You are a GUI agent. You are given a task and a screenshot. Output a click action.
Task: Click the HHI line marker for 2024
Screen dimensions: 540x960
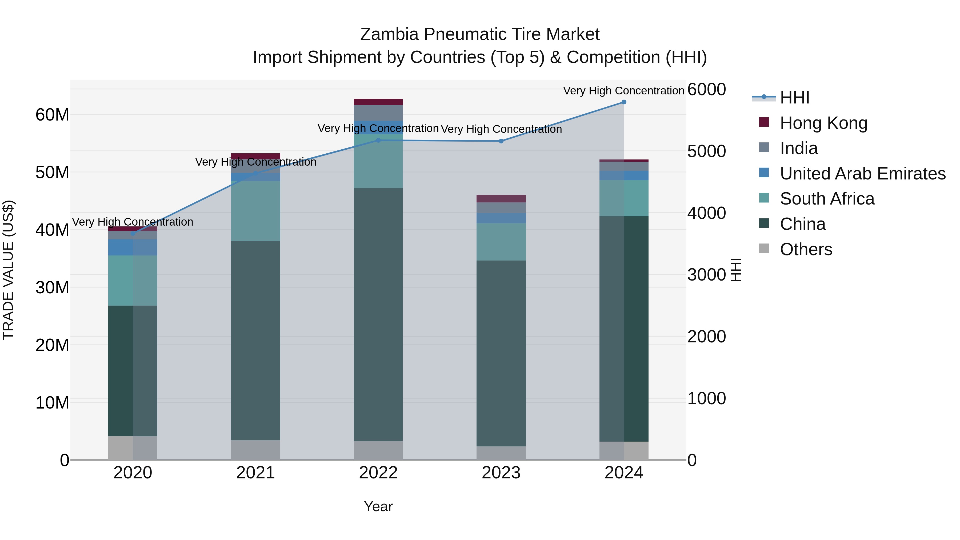click(623, 102)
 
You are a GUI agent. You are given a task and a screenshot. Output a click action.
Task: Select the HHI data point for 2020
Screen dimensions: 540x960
click(133, 234)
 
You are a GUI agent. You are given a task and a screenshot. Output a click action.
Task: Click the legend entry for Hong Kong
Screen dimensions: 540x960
click(824, 123)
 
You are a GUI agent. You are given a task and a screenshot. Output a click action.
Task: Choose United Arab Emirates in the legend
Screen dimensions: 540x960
click(862, 173)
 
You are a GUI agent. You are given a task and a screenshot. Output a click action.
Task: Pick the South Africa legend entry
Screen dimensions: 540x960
click(827, 199)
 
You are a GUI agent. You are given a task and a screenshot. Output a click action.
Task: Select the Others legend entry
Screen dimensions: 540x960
click(806, 249)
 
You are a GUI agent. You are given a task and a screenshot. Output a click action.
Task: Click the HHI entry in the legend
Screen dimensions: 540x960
click(795, 98)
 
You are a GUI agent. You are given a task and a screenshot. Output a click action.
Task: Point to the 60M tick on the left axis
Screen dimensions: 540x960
click(52, 115)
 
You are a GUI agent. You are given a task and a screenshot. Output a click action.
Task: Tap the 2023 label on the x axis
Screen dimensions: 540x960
click(501, 473)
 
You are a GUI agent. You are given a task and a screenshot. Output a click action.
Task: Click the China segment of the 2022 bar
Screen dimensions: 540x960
click(378, 314)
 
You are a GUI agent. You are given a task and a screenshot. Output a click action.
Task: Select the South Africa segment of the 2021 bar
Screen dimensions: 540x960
click(256, 211)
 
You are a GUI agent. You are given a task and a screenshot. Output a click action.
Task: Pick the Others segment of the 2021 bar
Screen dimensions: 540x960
click(256, 450)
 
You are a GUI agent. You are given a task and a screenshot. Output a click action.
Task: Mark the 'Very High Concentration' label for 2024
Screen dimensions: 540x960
click(623, 91)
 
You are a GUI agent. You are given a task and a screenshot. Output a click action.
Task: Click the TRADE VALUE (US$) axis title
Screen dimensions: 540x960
click(8, 270)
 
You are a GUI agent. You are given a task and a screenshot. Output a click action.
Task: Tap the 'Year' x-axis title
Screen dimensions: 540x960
click(378, 506)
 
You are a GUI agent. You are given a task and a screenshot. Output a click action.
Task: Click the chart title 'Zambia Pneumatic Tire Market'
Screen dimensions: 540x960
click(480, 34)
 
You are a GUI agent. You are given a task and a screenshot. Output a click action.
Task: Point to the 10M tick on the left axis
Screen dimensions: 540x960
click(52, 402)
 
